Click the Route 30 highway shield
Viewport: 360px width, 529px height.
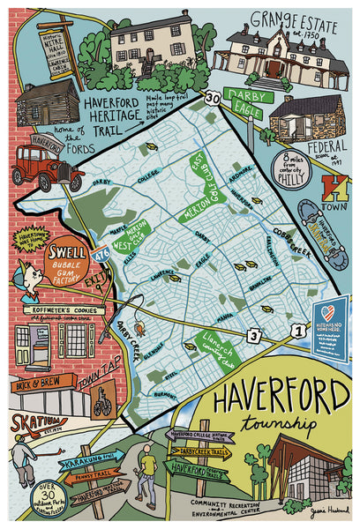pos(211,100)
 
